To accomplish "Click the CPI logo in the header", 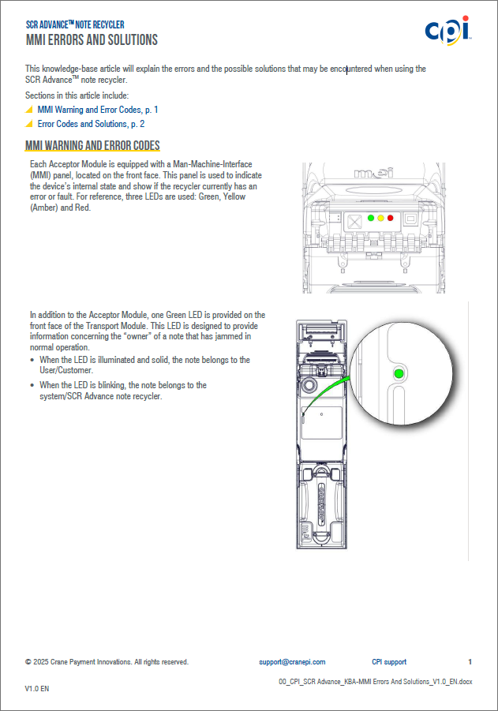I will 447,30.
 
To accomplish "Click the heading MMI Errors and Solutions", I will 92,39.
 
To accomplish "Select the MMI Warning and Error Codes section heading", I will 93,145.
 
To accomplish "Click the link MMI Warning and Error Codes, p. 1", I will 98,110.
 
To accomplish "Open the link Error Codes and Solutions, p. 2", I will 91,124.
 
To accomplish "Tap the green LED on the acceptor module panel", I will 371,217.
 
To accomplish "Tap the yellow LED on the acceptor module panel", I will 380,217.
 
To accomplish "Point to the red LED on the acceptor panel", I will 390,217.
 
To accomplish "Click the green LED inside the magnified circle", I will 399,372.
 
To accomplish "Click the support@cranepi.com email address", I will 292,662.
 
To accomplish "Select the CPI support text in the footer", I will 389,662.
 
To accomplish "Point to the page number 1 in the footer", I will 470,662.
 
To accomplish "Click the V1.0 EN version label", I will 38,689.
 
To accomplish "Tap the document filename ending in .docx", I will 376,680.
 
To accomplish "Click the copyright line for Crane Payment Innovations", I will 107,662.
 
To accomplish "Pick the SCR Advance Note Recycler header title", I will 75,24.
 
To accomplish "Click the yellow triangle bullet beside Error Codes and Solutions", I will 29,124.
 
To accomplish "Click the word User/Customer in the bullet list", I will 66,369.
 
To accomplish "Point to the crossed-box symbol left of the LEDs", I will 355,220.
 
